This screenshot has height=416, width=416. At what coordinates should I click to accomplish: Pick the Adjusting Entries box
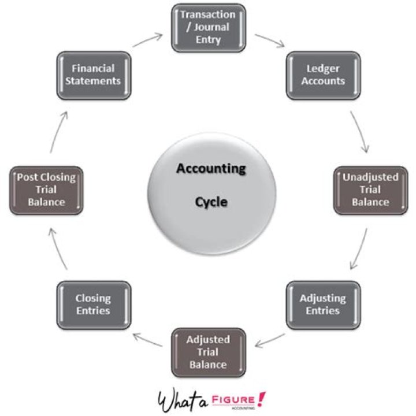[x=322, y=304]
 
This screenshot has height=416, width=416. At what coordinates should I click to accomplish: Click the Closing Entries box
[x=93, y=304]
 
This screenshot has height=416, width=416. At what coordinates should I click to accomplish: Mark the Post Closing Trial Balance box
[x=46, y=189]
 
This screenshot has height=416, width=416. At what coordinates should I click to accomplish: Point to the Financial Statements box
[x=93, y=75]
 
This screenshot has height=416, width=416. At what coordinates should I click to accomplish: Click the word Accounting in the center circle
[x=211, y=169]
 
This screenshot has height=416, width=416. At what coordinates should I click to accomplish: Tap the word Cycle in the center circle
[x=211, y=202]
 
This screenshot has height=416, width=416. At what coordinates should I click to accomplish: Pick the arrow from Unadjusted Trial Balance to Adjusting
[x=359, y=248]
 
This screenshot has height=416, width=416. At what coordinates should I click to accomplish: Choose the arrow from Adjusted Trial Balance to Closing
[x=148, y=341]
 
